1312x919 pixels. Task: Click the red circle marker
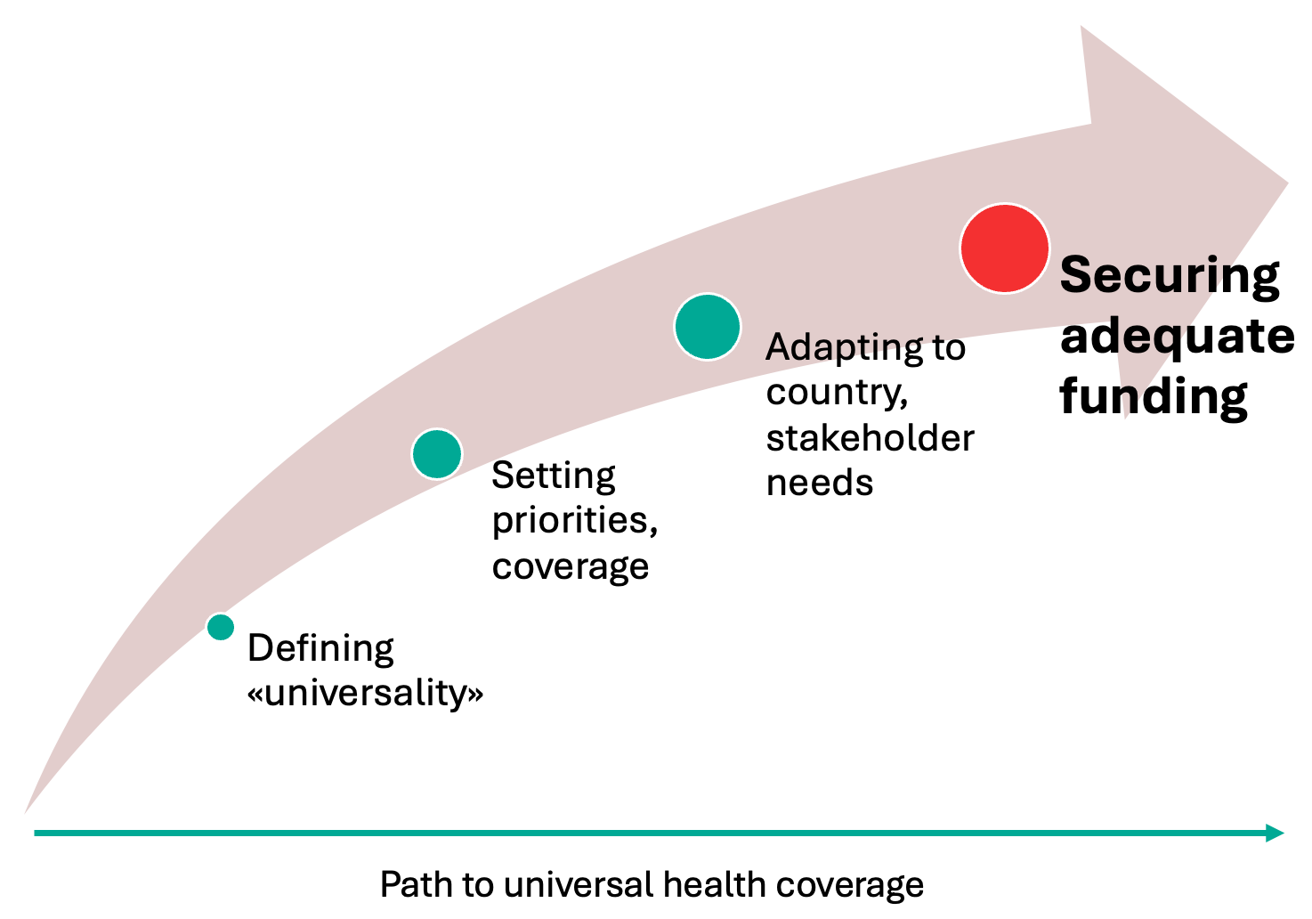[x=1005, y=248]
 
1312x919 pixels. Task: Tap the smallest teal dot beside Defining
[x=221, y=627]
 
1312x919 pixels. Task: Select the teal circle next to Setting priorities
[x=437, y=453]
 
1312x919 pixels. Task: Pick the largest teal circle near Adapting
[x=708, y=327]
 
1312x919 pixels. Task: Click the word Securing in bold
[x=1169, y=275]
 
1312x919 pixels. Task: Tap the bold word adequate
[x=1178, y=336]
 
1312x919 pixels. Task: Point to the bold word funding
[x=1154, y=397]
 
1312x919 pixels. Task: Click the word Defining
[x=320, y=649]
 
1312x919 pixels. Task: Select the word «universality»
[x=365, y=693]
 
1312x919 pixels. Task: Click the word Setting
[x=554, y=476]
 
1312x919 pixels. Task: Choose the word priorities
[x=575, y=520]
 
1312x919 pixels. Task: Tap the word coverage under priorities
[x=570, y=566]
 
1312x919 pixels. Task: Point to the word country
[x=837, y=393]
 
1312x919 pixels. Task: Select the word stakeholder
[x=870, y=437]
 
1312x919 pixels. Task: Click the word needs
[x=820, y=484]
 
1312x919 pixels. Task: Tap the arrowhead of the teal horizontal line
[x=1276, y=833]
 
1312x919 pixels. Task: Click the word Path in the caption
[x=417, y=884]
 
